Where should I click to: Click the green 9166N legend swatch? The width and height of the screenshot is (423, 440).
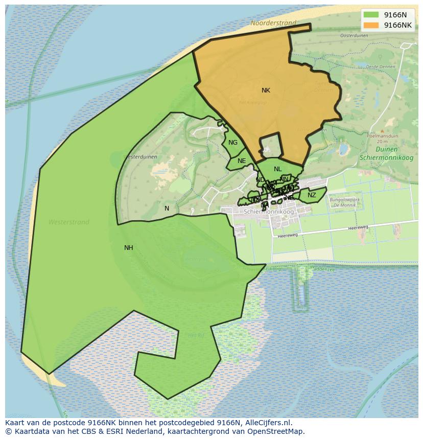click(x=371, y=15)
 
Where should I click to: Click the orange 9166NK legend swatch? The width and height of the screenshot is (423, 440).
click(x=371, y=25)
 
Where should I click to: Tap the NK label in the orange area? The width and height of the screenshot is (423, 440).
click(x=266, y=90)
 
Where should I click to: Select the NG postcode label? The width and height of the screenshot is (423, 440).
click(x=233, y=143)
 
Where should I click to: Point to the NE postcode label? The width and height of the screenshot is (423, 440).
click(x=242, y=161)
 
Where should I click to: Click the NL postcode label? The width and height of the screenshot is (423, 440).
click(x=277, y=169)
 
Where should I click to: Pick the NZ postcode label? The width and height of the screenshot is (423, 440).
click(x=312, y=195)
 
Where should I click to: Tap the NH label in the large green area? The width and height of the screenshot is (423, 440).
click(x=129, y=248)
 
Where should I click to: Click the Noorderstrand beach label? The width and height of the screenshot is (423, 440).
click(x=273, y=23)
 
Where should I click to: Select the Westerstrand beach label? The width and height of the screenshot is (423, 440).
click(x=69, y=222)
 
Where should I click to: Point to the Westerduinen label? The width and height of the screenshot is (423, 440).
click(x=140, y=157)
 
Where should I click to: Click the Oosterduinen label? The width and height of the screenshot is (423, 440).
click(x=354, y=36)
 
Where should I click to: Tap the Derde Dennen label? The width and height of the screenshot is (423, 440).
click(x=381, y=66)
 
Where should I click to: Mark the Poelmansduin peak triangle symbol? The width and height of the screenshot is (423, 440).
click(x=383, y=131)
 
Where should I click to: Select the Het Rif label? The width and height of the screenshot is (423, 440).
click(x=196, y=335)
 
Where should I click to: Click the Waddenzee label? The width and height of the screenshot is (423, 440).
click(x=323, y=268)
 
